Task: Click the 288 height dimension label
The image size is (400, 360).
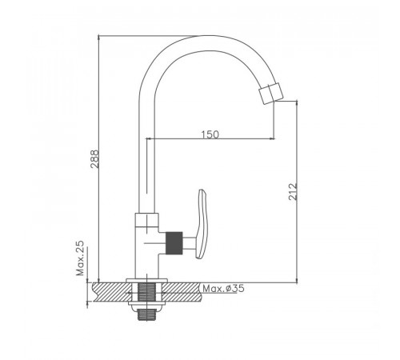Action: coord(94,159)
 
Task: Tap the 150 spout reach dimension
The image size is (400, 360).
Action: coord(210,134)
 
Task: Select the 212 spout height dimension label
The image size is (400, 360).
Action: coord(293,191)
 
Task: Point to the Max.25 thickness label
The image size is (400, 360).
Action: coord(80,258)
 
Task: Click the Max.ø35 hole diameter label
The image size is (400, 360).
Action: coord(223,289)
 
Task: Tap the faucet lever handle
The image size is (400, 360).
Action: coord(202,224)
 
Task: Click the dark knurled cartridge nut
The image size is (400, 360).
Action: coord(174,243)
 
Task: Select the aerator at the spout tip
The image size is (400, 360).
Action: coord(270,94)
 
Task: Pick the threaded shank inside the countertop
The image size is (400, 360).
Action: coord(146,292)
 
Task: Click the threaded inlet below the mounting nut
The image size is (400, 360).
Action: coord(146,314)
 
